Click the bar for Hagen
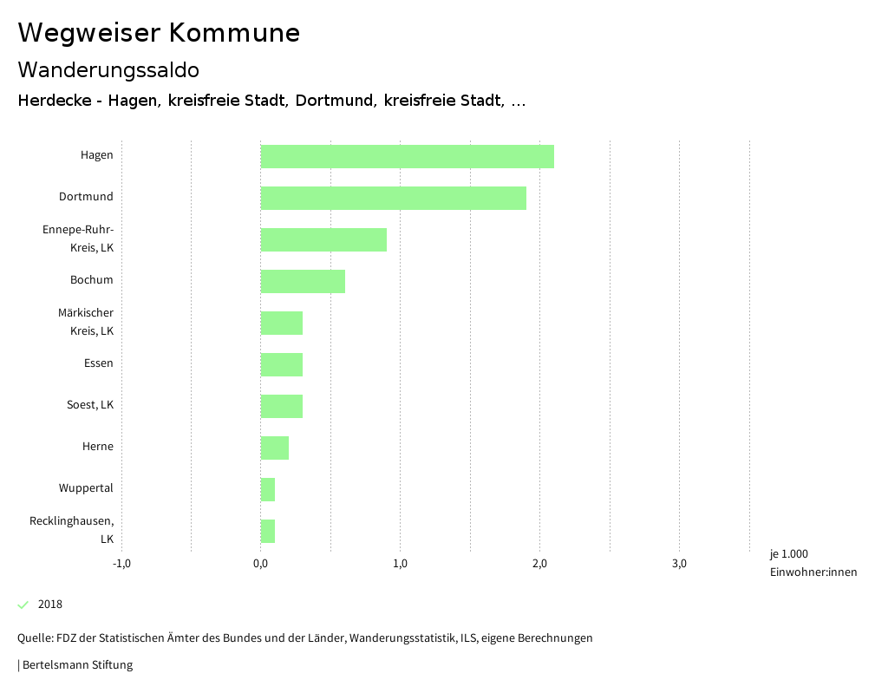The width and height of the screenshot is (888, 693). (407, 156)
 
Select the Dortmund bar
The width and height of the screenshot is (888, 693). (393, 198)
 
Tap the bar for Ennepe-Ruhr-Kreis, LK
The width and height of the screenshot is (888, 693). (323, 239)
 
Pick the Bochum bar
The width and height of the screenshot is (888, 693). (303, 281)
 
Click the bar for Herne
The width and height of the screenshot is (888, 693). (275, 448)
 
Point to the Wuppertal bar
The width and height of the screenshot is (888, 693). (268, 489)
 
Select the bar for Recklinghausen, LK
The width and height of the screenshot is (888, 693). (268, 531)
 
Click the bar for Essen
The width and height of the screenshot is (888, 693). (282, 364)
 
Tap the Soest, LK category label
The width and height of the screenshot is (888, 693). (90, 405)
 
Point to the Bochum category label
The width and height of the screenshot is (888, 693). (92, 280)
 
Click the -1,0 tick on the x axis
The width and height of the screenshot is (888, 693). (121, 564)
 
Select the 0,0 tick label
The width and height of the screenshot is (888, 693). (261, 564)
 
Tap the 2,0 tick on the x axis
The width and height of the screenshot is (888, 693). (540, 564)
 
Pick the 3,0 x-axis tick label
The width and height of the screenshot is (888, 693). (680, 564)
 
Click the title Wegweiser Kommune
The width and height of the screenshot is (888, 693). (159, 33)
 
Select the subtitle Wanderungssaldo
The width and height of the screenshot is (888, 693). (108, 69)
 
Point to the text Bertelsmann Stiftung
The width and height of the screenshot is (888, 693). (76, 665)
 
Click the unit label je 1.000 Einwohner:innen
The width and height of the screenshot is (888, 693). (813, 563)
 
